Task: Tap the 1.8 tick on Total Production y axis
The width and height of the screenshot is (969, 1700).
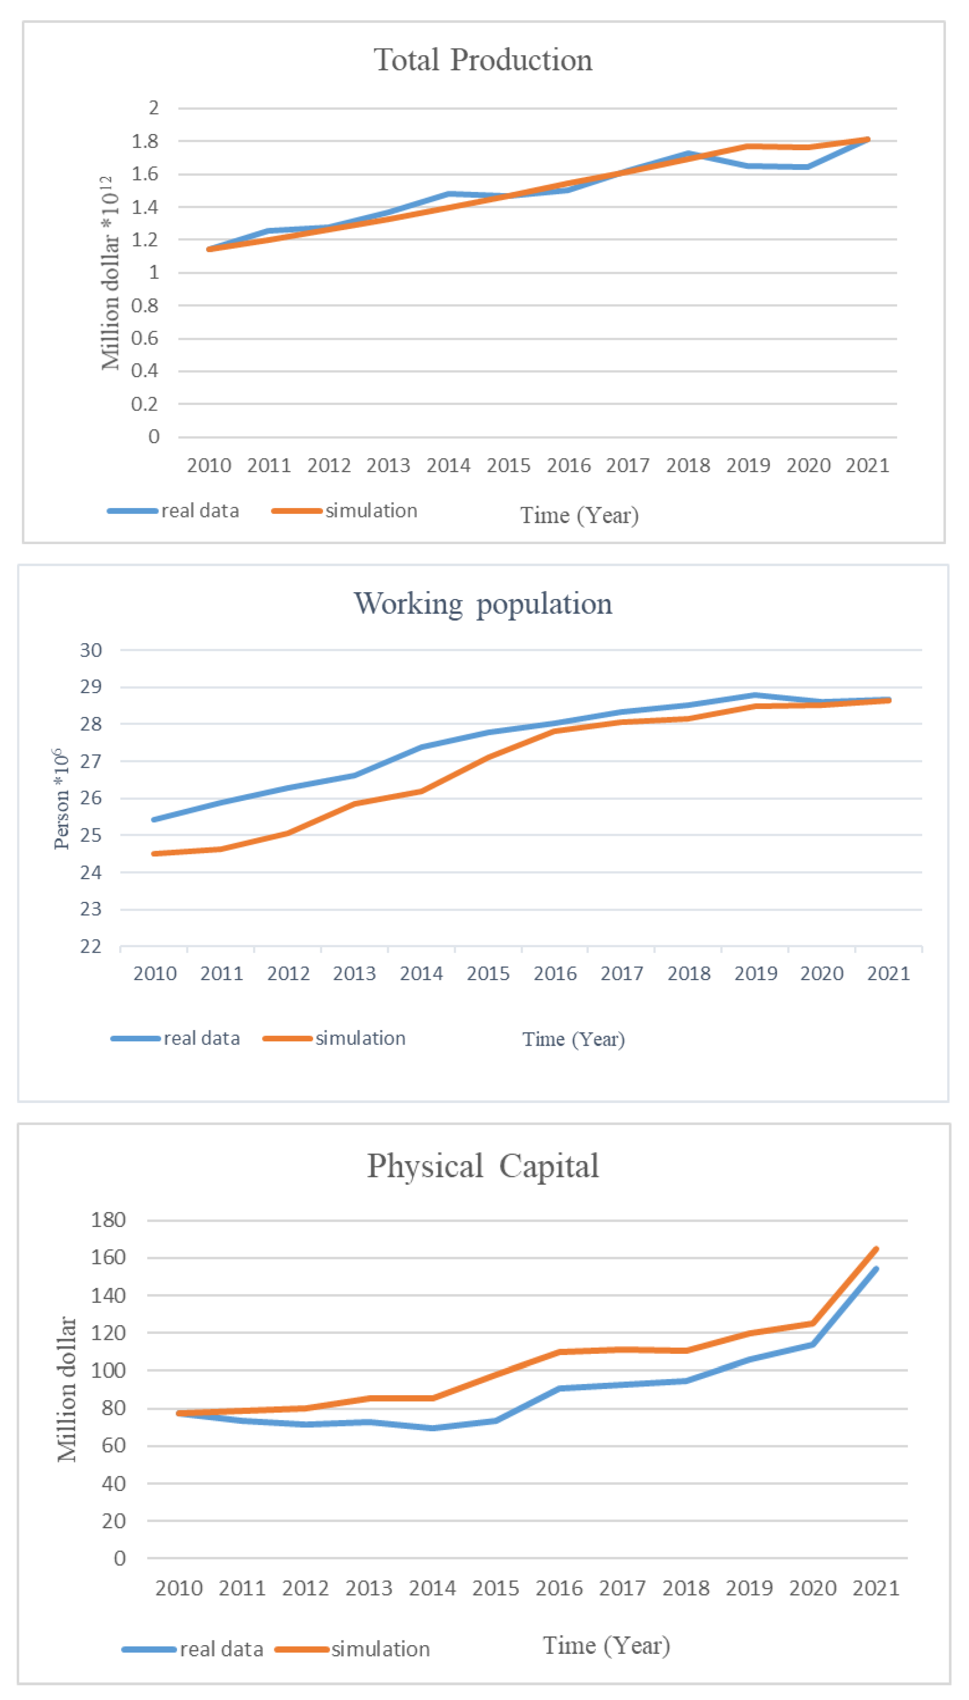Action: [145, 141]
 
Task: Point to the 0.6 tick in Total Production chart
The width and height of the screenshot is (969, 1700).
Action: [145, 338]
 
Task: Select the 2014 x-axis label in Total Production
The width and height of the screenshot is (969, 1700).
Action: [448, 465]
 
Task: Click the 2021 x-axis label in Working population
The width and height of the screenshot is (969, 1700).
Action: [888, 974]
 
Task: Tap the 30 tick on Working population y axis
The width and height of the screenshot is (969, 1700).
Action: [91, 650]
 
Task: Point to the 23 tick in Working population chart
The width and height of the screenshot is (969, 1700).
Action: [91, 909]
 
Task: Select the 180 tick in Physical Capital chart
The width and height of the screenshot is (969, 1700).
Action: [108, 1220]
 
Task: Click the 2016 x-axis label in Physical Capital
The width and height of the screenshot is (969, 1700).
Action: [559, 1588]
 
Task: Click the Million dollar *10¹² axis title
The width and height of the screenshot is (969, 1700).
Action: [110, 273]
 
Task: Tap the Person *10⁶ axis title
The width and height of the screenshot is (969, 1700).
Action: [61, 799]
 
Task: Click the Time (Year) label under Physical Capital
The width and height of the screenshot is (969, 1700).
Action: [606, 1646]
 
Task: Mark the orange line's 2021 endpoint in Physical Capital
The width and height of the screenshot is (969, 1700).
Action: [876, 1249]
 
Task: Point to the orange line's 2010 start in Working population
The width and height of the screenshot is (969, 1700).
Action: [155, 853]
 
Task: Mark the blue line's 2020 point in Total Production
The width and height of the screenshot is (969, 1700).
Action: [808, 167]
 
